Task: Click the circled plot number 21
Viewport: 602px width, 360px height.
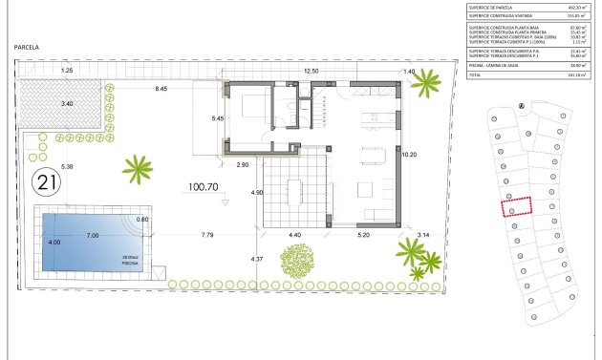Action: pos(45,180)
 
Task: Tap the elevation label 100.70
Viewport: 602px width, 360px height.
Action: pos(205,188)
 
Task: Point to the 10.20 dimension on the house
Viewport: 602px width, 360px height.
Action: pos(410,154)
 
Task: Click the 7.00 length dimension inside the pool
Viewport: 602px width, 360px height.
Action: pos(93,235)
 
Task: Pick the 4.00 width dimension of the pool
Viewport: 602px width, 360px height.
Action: pos(54,243)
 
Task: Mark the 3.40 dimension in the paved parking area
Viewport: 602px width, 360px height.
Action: pos(66,103)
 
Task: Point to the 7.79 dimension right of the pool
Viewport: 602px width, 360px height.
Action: pos(207,235)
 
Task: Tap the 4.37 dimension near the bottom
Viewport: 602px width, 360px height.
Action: pos(256,259)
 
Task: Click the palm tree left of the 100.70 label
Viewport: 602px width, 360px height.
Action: pos(138,170)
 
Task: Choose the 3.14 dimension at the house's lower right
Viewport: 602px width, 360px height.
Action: pos(423,235)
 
